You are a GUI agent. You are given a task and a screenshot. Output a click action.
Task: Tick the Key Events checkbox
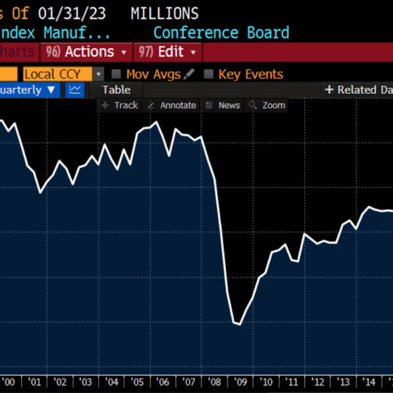209,75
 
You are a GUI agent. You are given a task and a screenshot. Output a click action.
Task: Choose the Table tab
116,90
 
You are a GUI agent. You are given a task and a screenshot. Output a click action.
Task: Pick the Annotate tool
172,105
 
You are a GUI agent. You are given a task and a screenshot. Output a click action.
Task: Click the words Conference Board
221,33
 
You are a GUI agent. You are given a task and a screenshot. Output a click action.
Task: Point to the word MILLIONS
164,13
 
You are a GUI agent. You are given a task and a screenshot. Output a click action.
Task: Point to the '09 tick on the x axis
240,382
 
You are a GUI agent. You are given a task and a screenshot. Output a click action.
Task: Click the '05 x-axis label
138,382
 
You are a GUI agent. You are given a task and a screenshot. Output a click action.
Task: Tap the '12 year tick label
318,382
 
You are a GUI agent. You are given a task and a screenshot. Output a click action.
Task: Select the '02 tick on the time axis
60,382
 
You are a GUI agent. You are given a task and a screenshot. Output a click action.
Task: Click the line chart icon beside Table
75,90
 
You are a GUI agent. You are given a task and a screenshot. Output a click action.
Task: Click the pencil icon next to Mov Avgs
190,75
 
